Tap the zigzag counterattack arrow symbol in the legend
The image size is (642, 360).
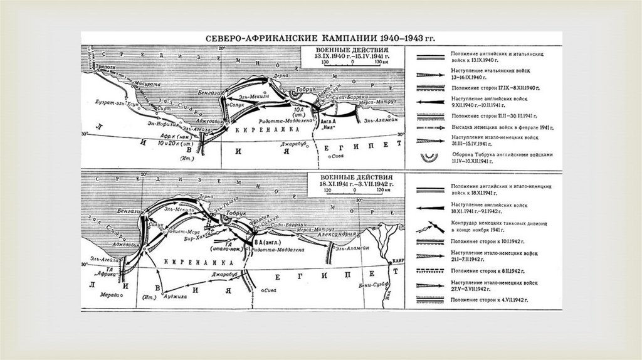coord(431,227)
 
